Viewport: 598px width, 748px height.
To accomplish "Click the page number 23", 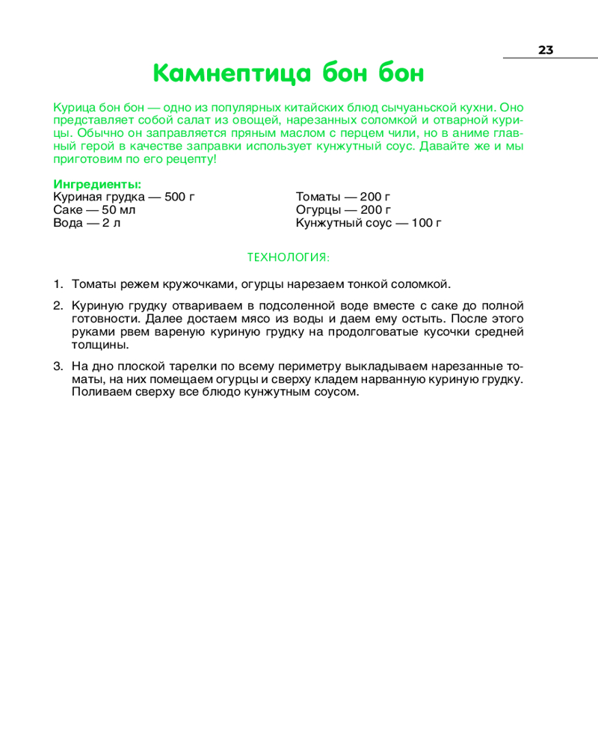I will tap(545, 50).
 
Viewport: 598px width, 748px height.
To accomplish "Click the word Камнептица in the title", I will tap(231, 74).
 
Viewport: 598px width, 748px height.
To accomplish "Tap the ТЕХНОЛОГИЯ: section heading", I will tap(288, 257).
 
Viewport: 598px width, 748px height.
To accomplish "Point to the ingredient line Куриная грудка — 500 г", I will tap(124, 197).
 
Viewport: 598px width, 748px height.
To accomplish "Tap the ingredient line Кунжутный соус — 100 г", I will tap(369, 223).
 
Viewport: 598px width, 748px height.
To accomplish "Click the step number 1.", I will tap(57, 284).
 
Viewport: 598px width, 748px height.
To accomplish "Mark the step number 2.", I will tap(57, 305).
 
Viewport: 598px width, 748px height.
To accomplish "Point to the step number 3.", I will tap(57, 367).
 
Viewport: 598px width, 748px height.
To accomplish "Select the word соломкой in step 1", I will tap(421, 284).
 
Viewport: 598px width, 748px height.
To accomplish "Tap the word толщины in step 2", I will tap(99, 345).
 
